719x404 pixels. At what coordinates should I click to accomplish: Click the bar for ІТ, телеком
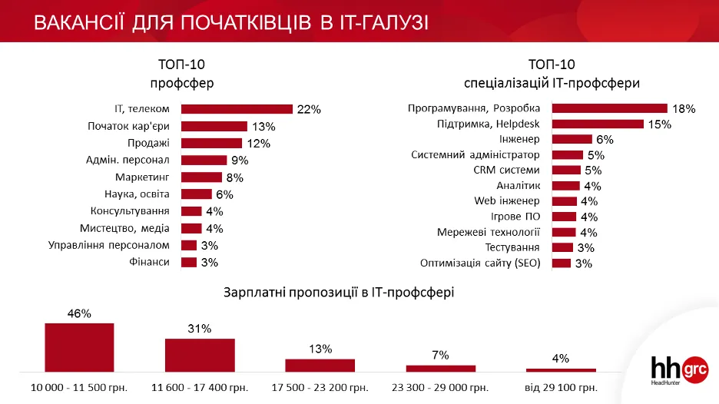(x=237, y=109)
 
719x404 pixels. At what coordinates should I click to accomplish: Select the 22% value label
(x=308, y=110)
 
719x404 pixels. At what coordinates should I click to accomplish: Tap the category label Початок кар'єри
(x=128, y=126)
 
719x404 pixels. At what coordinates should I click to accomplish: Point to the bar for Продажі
(x=212, y=143)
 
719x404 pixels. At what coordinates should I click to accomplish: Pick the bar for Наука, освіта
(x=197, y=194)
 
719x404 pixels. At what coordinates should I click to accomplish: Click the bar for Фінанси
(x=189, y=262)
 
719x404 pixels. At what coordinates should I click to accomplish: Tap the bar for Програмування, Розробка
(x=610, y=108)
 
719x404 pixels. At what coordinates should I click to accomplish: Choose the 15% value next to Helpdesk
(x=659, y=124)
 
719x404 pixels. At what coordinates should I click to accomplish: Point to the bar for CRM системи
(x=567, y=170)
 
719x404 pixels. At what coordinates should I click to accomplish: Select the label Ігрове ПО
(x=516, y=217)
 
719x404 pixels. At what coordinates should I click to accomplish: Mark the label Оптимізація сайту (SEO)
(x=480, y=263)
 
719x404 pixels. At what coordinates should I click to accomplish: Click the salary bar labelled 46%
(x=79, y=347)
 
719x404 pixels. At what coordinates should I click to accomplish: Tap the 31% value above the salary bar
(x=199, y=329)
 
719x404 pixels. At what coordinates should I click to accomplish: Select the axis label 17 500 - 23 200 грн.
(x=320, y=387)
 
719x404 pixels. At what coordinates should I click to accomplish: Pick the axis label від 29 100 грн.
(x=561, y=387)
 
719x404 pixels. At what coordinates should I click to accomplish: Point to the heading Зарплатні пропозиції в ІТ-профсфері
(x=338, y=292)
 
